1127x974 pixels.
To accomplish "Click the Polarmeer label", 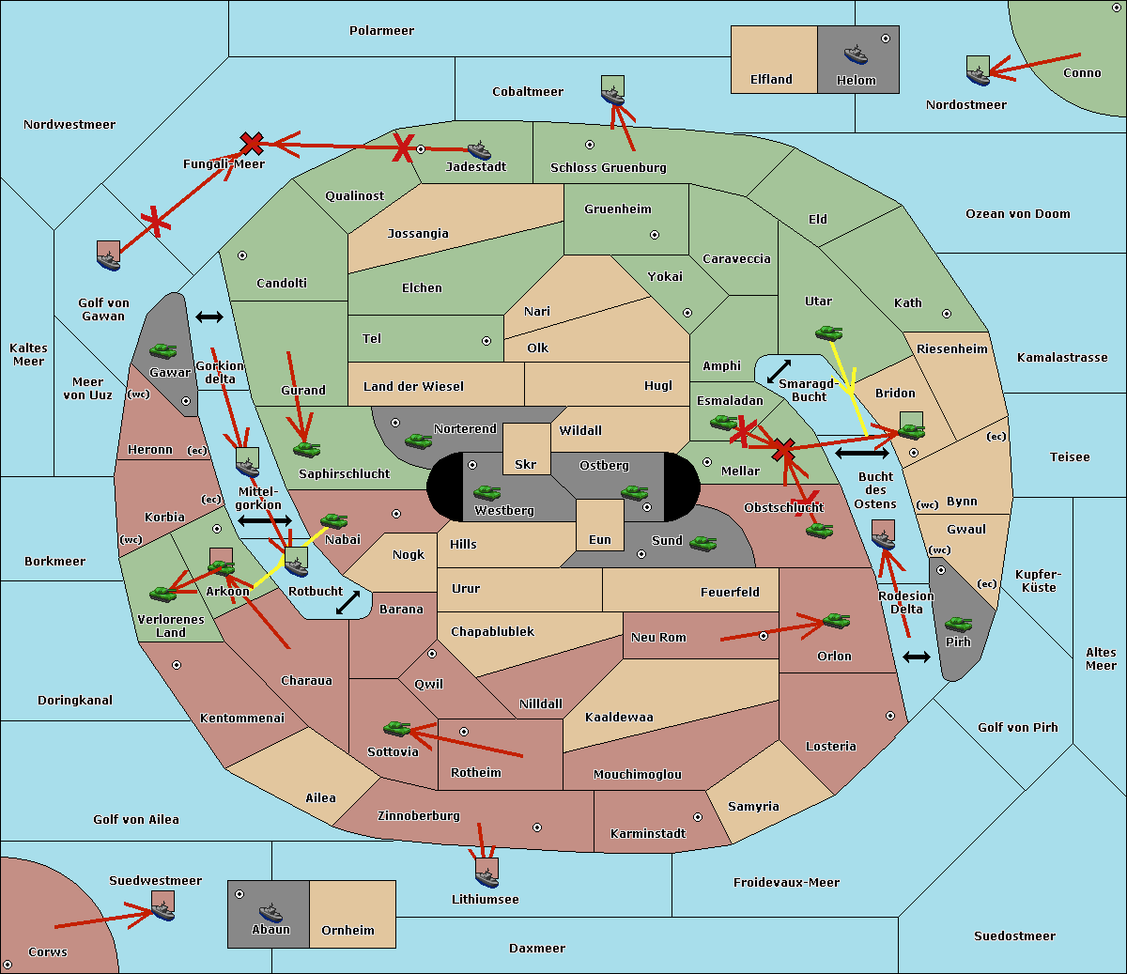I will click(381, 31).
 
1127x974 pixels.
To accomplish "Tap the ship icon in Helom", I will click(855, 54).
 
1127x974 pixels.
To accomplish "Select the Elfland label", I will click(771, 80).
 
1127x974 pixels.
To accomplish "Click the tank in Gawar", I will click(162, 350).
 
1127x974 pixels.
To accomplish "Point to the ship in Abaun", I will click(270, 912).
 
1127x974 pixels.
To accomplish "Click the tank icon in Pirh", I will click(958, 624).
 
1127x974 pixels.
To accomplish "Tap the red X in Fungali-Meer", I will click(252, 144).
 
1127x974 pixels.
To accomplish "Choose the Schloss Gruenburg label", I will click(608, 168).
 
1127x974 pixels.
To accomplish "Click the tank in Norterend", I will click(418, 440).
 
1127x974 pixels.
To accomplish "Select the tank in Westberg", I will click(486, 492).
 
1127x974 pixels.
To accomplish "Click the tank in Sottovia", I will click(397, 728).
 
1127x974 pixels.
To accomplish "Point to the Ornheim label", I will click(347, 931).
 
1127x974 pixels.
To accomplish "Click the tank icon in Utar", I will click(828, 332).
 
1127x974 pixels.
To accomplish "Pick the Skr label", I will click(525, 465).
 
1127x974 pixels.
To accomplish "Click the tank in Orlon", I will click(835, 621).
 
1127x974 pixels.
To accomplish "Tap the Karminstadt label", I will click(648, 834).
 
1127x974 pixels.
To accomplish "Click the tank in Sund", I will click(702, 543).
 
